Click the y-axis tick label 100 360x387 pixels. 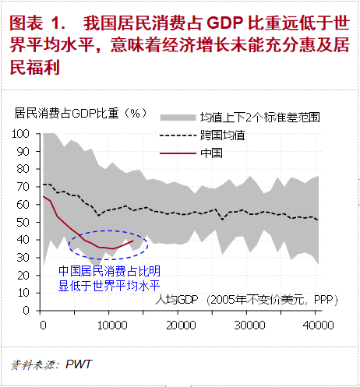(20, 134)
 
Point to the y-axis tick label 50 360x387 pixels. (23, 223)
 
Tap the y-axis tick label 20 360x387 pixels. (23, 276)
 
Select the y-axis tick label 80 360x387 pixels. (23, 169)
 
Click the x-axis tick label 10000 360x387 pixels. (112, 325)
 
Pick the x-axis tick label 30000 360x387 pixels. (249, 325)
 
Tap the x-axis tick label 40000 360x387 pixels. (318, 325)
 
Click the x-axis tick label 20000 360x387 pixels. (181, 325)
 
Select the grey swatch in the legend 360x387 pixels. (178, 118)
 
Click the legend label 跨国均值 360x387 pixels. (223, 135)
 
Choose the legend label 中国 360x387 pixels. (211, 153)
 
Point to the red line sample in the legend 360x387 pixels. (178, 153)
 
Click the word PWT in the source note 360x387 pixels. (79, 364)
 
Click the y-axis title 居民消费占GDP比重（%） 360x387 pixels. (81, 113)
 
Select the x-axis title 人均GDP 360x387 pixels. (177, 300)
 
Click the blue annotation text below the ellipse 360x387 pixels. (109, 278)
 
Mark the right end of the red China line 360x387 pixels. (133, 241)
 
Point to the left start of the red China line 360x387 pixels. (43, 196)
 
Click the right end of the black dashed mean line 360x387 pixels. (318, 220)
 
